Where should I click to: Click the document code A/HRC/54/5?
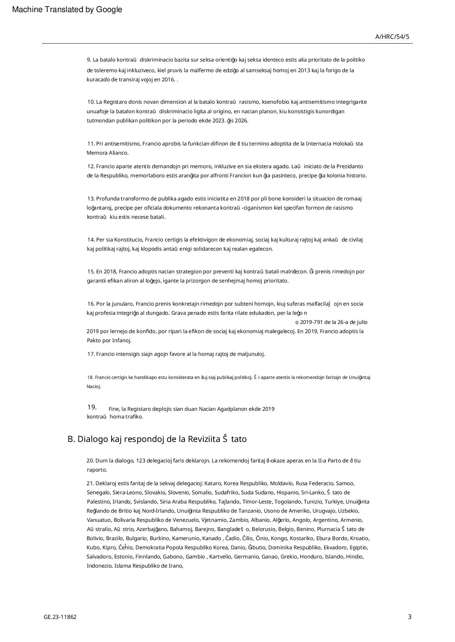(x=392, y=37)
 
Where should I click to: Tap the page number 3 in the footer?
(x=409, y=617)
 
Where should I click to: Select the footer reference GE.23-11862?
(x=60, y=617)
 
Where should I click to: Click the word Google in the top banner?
(x=109, y=10)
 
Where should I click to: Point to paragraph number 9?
(x=89, y=60)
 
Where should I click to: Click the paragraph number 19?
(x=92, y=407)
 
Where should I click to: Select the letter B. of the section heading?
(x=71, y=439)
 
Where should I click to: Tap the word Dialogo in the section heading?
(x=92, y=439)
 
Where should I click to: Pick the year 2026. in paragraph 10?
(x=241, y=121)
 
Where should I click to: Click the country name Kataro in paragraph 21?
(x=212, y=483)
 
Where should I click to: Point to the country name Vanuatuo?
(x=99, y=520)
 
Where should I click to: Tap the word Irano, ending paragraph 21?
(x=175, y=566)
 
